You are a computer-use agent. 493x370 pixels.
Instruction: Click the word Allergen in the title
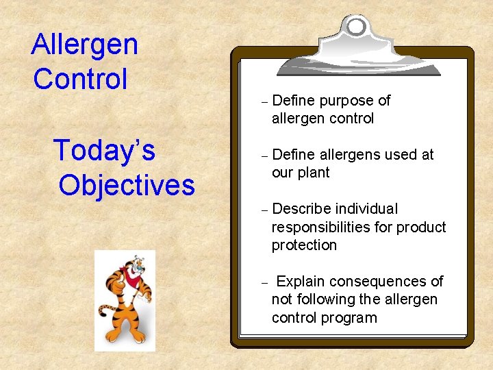84,45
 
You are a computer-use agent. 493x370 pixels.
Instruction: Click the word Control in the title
80,79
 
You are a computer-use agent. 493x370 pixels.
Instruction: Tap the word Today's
104,150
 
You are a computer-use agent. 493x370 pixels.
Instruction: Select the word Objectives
127,184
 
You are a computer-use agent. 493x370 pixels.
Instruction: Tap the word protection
304,245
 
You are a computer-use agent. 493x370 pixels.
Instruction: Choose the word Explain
301,282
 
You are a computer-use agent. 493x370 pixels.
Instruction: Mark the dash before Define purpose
264,101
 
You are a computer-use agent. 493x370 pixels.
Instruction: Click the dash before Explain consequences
264,282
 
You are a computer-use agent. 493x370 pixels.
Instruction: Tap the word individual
366,209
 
